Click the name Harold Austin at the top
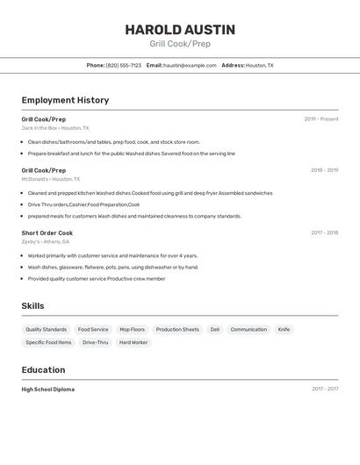click(180, 29)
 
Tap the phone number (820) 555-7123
click(123, 65)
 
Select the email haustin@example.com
click(190, 65)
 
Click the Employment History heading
click(65, 100)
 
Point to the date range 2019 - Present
click(320, 119)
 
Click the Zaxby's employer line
click(46, 241)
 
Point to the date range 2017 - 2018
click(324, 232)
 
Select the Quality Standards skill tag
click(47, 330)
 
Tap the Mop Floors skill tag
click(132, 330)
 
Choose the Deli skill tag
click(215, 330)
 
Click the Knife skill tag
click(284, 330)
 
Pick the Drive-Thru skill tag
click(96, 342)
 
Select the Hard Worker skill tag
click(133, 342)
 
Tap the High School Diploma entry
click(48, 389)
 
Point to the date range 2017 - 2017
click(324, 389)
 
